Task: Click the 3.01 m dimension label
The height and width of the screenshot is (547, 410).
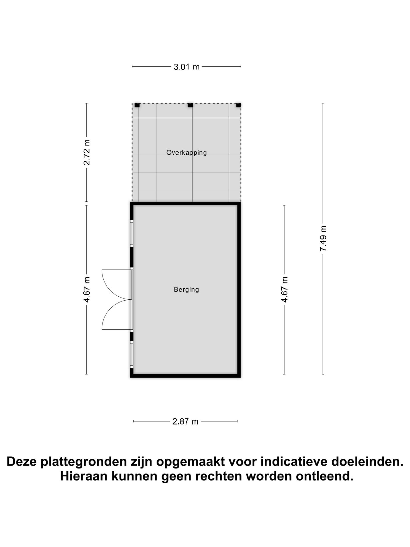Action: [186, 67]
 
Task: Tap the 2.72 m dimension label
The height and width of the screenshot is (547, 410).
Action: [87, 152]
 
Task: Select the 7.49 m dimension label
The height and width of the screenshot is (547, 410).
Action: [323, 238]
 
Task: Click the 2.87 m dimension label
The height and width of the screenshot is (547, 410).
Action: [185, 421]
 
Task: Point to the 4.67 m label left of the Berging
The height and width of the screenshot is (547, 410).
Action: [87, 289]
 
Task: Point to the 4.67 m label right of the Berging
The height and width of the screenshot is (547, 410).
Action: [284, 289]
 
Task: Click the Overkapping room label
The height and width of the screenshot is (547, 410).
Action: [186, 153]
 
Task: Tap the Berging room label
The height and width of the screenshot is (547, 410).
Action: [186, 289]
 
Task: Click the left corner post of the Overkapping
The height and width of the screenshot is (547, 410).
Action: [137, 105]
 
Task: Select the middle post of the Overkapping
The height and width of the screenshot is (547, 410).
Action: [190, 105]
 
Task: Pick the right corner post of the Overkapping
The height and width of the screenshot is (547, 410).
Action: [238, 105]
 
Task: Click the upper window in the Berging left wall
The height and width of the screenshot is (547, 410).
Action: [132, 233]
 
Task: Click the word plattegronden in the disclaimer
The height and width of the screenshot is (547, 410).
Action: [83, 462]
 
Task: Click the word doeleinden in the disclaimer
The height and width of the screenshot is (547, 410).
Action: [367, 462]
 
